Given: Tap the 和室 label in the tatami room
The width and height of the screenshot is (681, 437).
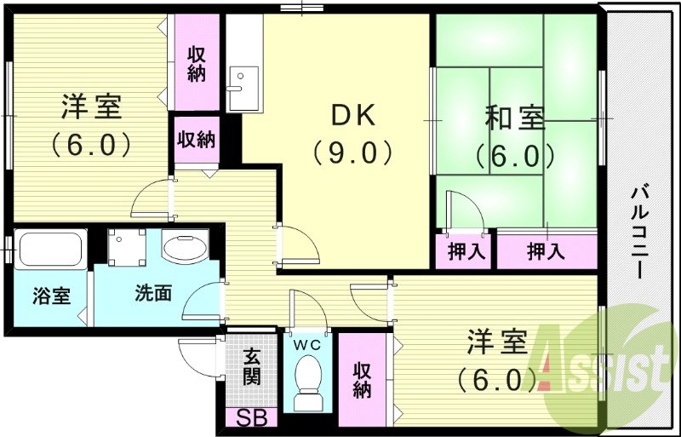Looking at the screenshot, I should [515, 118].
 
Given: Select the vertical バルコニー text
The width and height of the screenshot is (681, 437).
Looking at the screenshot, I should [637, 230].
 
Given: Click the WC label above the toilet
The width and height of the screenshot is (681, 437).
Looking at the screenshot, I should [306, 345].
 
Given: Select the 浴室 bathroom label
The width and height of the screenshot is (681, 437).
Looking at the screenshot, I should [50, 296].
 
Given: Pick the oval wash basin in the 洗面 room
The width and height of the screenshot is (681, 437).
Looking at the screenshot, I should [185, 249].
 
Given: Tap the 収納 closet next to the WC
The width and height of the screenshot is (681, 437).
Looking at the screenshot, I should [363, 379].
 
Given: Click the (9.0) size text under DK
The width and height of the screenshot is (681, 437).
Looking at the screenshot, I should [351, 153].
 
